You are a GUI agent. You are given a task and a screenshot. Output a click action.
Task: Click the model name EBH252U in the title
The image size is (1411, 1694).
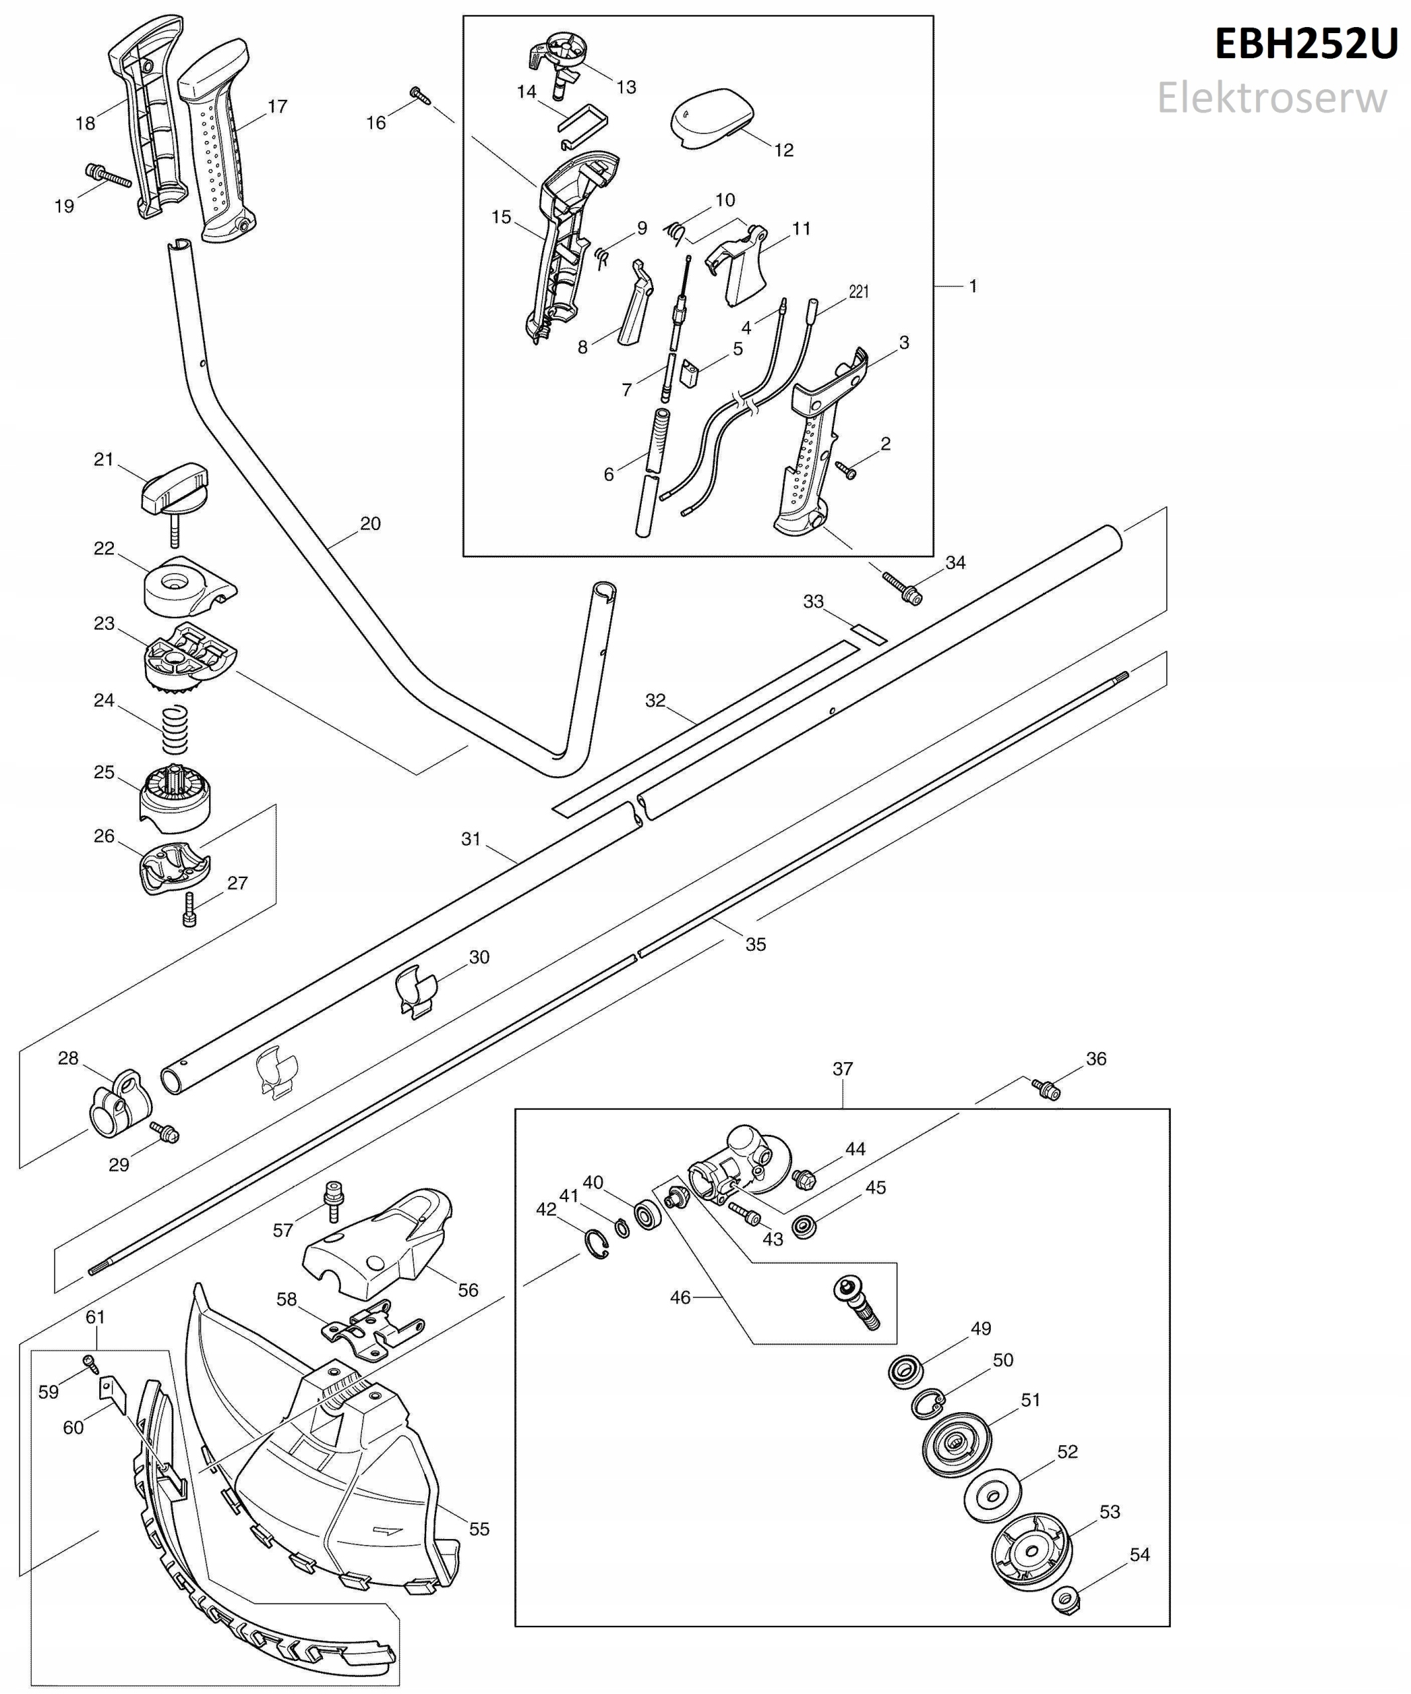(1305, 44)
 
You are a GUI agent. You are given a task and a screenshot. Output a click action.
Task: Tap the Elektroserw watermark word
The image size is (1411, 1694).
(1271, 99)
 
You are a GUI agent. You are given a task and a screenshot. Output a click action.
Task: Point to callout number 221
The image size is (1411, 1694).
(858, 291)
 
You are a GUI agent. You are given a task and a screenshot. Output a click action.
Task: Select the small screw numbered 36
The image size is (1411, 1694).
(1046, 1090)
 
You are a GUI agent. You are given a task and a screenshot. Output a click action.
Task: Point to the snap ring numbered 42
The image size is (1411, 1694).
(597, 1244)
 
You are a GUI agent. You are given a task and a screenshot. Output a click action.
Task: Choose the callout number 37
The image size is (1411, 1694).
(842, 1069)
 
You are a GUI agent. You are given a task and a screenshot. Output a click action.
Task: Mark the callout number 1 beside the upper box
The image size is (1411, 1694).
(973, 286)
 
